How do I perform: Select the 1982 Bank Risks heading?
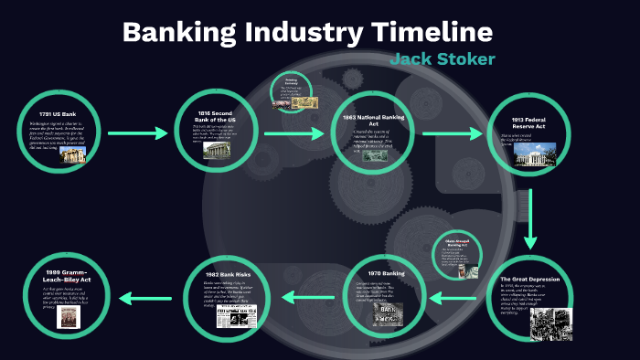tap(225, 272)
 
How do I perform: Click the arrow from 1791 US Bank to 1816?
tap(137, 134)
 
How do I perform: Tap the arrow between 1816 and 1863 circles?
tap(298, 133)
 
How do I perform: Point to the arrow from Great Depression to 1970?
tap(454, 295)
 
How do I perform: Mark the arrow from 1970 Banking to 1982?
tap(301, 295)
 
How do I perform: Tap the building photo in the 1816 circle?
tap(216, 151)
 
